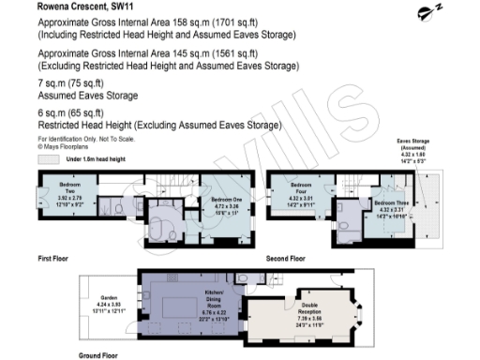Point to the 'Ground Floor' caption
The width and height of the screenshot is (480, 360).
(x=97, y=355)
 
